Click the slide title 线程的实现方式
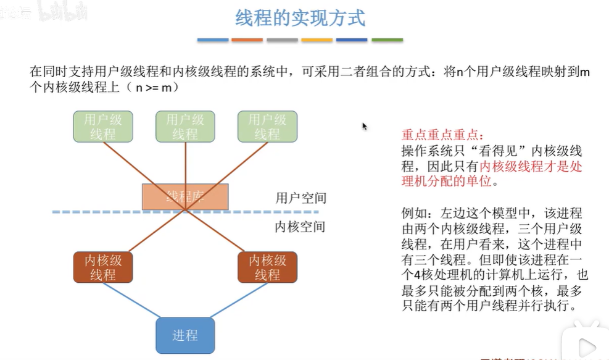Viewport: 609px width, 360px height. (x=300, y=18)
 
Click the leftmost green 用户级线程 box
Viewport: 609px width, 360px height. (x=102, y=127)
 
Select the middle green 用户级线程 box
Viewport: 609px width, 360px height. (x=185, y=127)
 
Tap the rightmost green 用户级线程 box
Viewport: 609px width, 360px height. (x=267, y=127)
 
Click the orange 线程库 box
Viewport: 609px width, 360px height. (x=185, y=196)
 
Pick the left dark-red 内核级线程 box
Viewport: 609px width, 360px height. (x=102, y=267)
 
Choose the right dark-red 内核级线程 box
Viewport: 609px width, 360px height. (x=267, y=267)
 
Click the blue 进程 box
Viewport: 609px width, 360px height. (x=185, y=335)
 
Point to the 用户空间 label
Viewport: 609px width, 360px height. (x=300, y=198)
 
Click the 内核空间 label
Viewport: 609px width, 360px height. (x=300, y=227)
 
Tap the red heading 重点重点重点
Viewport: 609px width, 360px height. (x=439, y=135)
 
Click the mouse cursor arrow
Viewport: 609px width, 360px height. (x=365, y=126)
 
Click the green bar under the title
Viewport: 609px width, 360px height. (x=387, y=40)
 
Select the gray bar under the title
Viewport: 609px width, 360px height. (x=283, y=40)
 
